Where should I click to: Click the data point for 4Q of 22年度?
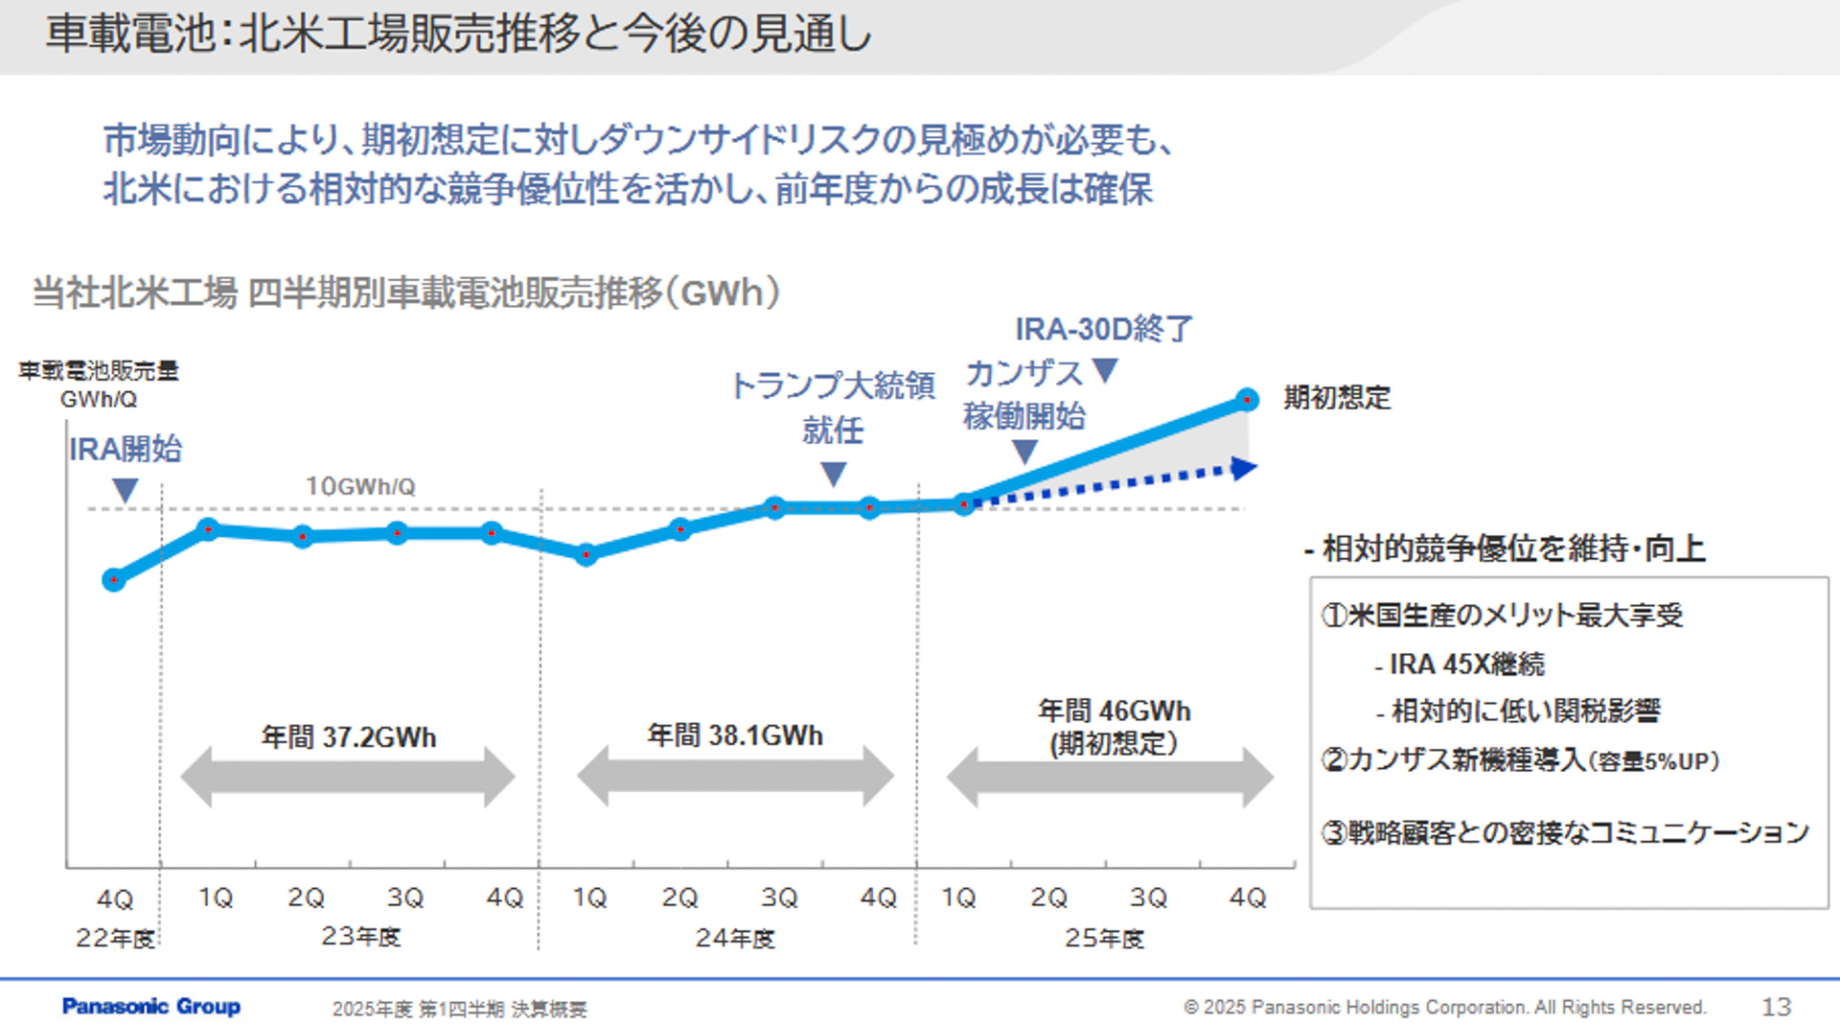114,579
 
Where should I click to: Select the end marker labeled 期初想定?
1247,399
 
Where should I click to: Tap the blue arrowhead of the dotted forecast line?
1244,468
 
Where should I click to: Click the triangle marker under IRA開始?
125,490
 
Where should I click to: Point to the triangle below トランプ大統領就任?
834,473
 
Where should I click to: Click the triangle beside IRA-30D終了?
1106,369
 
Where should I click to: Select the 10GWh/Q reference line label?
360,486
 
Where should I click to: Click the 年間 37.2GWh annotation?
349,736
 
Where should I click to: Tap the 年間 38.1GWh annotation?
735,735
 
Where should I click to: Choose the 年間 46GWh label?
1114,711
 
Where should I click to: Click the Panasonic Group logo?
151,1006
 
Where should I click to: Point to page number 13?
1776,1006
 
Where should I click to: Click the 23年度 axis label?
360,936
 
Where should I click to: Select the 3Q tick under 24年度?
779,898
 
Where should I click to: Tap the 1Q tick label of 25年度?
958,898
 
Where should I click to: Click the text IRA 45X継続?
1466,664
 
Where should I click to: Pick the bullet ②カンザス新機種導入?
1519,759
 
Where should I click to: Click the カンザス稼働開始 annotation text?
1023,394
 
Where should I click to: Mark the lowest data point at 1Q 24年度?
586,554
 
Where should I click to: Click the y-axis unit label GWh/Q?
98,399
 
